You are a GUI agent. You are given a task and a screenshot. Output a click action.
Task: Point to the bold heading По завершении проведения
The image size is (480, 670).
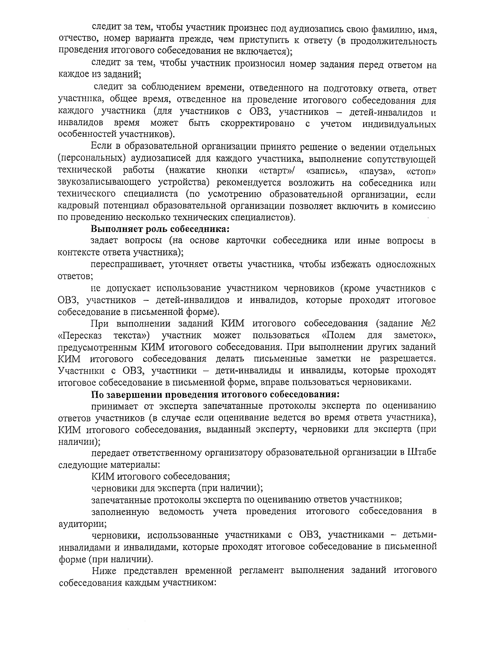coord(215,394)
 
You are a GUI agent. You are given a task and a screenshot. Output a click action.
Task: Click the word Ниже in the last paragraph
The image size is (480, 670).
coord(105,570)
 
